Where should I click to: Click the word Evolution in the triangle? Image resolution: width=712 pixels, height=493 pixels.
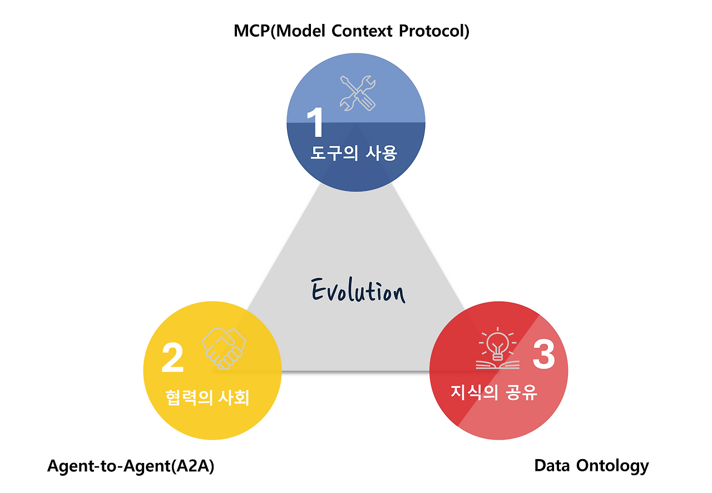coord(358,291)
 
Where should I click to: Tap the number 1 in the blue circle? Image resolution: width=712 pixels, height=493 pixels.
coord(315,122)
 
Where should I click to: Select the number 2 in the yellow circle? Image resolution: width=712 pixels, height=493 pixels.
coord(172,358)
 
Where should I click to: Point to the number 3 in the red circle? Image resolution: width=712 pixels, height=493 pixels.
coord(543,354)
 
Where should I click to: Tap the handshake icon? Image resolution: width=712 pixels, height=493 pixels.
coord(224,348)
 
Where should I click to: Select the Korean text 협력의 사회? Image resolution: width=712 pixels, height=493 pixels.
coord(207,398)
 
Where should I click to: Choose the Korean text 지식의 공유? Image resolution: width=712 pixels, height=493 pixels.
coord(494,392)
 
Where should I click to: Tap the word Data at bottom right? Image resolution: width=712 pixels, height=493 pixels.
coord(552,465)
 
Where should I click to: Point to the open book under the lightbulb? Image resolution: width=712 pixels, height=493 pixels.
coord(497,364)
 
